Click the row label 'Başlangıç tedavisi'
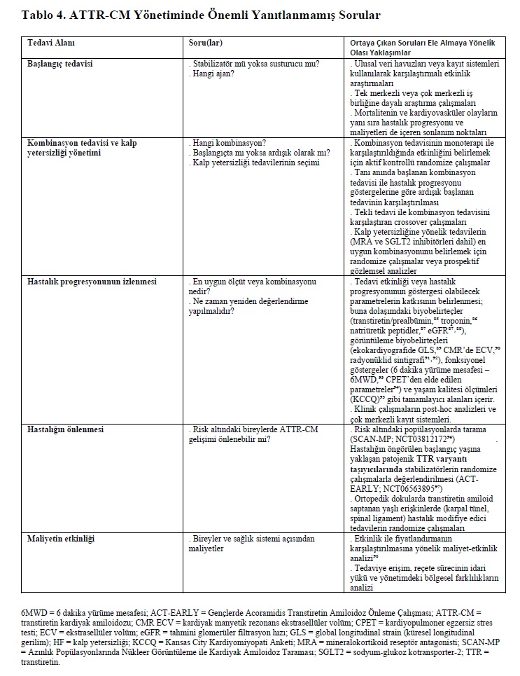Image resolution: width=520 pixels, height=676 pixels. pyautogui.click(x=60, y=64)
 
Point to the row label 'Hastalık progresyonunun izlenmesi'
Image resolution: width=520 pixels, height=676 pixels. pyautogui.click(x=92, y=281)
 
